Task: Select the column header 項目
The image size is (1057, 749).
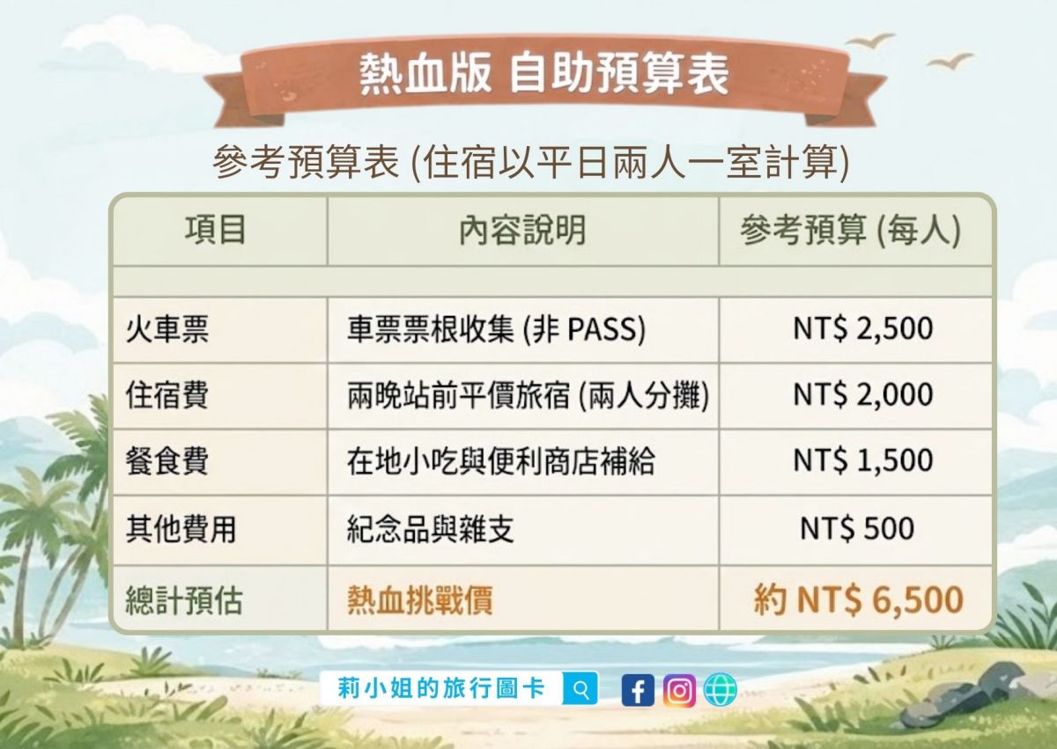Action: tap(216, 231)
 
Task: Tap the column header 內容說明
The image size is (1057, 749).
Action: tap(522, 231)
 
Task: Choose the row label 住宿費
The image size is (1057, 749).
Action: tap(167, 395)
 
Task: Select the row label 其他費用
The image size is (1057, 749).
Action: tap(181, 529)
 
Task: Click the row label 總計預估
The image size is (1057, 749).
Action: tap(184, 600)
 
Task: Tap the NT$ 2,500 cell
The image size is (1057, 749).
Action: tap(862, 329)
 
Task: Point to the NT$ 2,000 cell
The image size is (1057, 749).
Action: tap(862, 395)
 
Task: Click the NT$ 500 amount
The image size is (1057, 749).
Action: tap(857, 529)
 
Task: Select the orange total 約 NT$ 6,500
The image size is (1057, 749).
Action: tap(858, 600)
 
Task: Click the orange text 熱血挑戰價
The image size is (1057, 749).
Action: tap(420, 600)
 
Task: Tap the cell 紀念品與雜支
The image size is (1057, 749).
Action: tap(431, 529)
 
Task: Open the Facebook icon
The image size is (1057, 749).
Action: tap(638, 690)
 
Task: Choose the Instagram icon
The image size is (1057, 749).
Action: tap(678, 690)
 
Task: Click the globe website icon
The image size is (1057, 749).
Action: tap(720, 690)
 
